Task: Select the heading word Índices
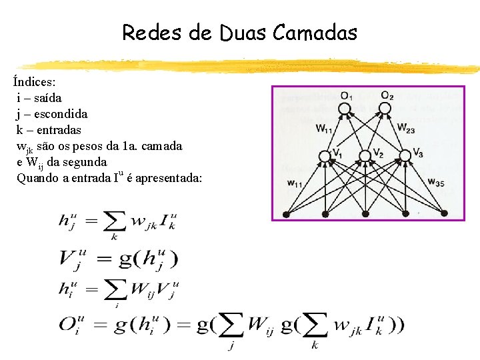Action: coord(35,83)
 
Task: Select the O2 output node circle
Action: coord(385,107)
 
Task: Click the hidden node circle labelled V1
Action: coord(325,156)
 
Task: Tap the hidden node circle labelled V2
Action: coord(365,156)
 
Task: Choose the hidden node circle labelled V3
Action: coord(405,156)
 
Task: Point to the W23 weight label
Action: coord(405,127)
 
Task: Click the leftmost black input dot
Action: coord(286,214)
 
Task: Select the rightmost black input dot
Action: coord(445,214)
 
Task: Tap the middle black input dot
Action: coord(365,214)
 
